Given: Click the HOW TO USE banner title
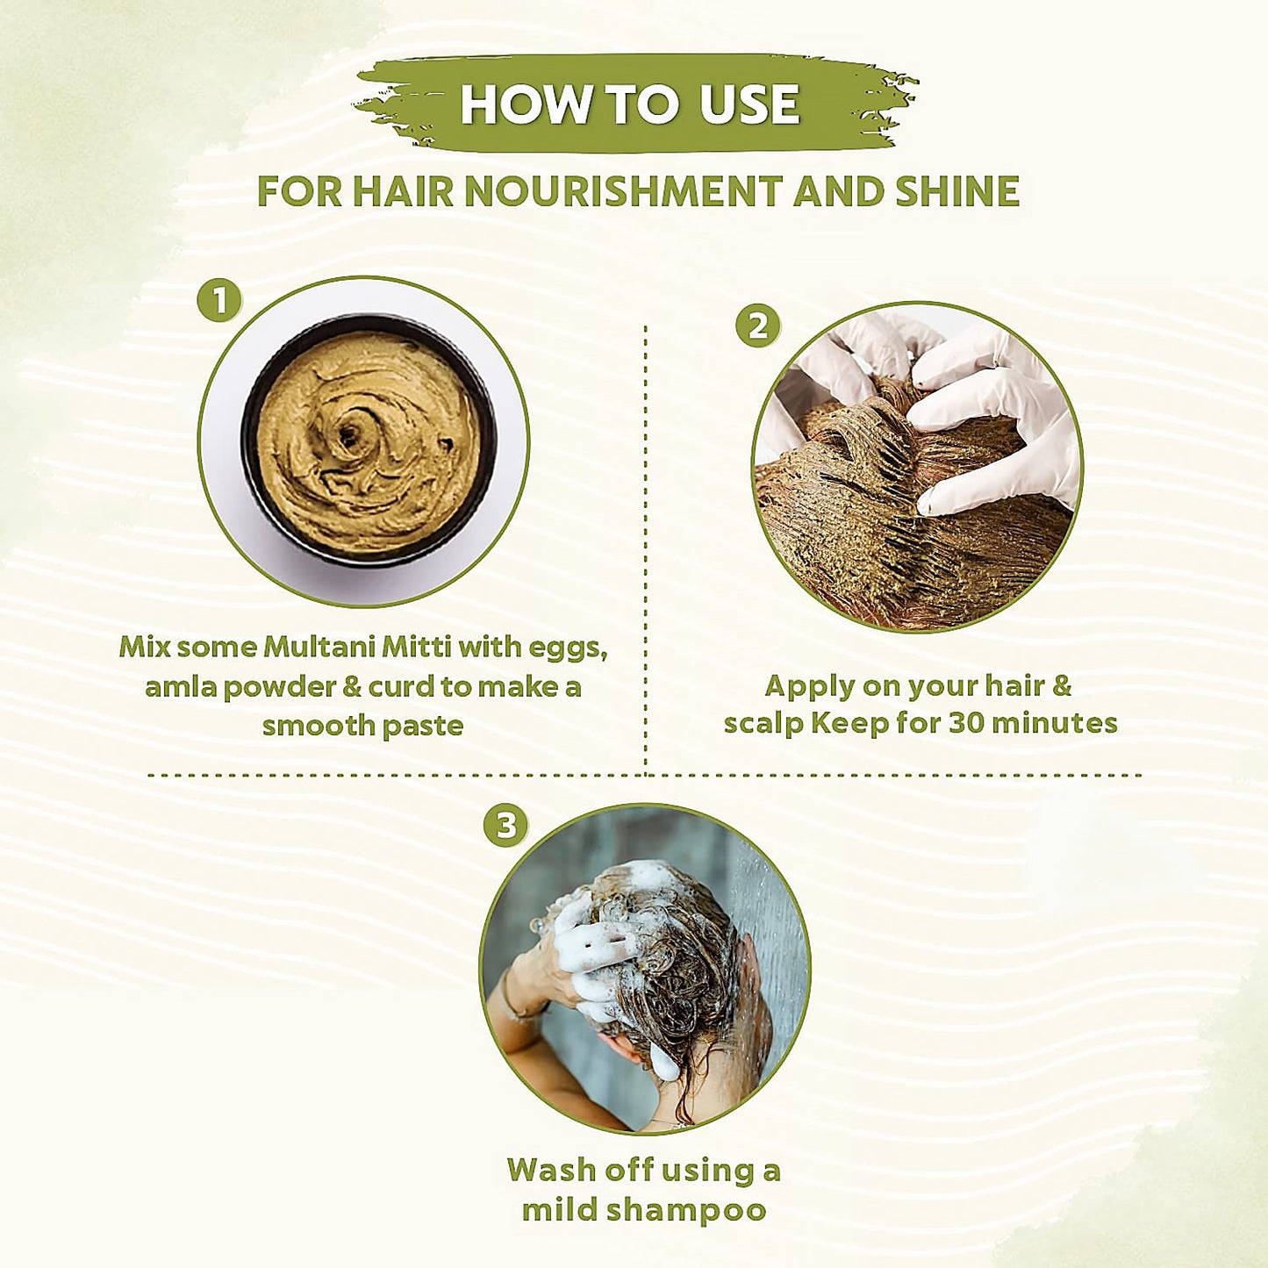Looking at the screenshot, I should pos(630,104).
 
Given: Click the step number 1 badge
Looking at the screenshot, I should pos(219,301).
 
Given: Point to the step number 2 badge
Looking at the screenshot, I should pos(757,326).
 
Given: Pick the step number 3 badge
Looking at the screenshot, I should pos(506,825).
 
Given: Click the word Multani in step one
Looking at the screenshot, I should pos(319,648).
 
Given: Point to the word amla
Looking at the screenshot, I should pos(179,686).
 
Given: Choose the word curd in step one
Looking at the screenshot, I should pos(401,686).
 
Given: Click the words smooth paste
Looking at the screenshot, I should pos(362,726).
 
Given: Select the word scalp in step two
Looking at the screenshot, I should pos(763,725).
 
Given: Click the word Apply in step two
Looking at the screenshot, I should pos(809,686).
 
